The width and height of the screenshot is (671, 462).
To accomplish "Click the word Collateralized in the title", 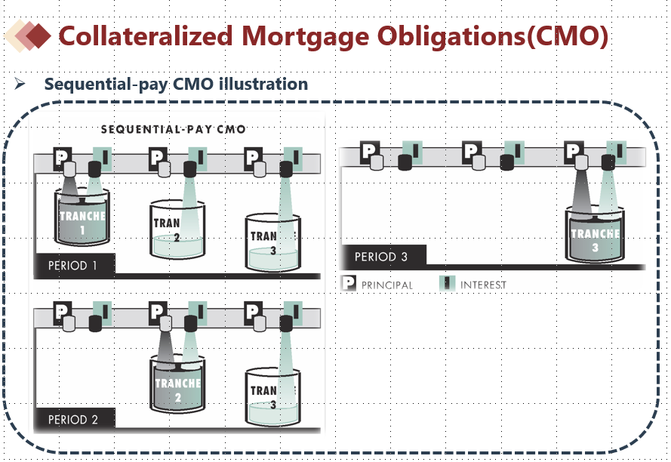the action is coord(146,35).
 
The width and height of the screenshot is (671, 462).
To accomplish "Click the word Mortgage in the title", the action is coord(305,37).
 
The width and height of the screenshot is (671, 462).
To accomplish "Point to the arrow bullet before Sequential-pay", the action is coord(20,83).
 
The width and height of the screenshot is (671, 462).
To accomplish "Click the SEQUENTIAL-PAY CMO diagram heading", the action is coord(174,129).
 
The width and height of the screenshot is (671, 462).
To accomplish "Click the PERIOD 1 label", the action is coord(72,266).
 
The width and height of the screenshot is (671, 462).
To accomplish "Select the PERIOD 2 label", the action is coord(72,420).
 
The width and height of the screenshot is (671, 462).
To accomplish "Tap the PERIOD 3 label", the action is coord(381,257).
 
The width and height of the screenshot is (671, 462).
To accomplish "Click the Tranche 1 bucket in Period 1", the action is coord(82,217).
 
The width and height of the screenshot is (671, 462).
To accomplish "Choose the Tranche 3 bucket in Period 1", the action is coord(272,243).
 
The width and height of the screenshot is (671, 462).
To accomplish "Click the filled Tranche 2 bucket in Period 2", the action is coord(177,384).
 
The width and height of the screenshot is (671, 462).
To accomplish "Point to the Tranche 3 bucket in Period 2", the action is coord(272,397).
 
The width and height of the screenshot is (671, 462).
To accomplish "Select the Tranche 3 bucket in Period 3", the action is coord(595,234).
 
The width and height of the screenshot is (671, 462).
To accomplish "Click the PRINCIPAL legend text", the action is coord(387,285).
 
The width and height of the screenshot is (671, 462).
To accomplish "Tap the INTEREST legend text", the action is coord(483,285).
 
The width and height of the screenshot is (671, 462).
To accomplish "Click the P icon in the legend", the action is coord(349,283).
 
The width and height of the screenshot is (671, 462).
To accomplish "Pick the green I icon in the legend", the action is coord(447,283).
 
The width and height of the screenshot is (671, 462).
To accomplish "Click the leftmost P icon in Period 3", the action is coord(368,152).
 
